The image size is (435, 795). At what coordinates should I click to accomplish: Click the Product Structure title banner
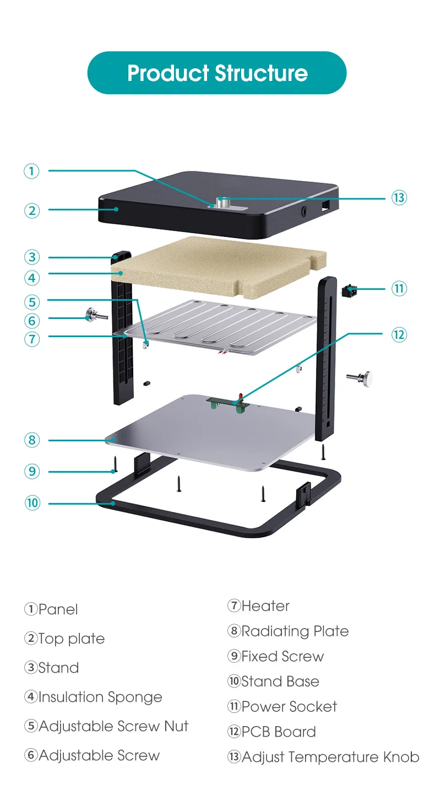click(x=217, y=73)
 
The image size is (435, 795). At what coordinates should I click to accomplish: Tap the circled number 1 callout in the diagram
click(x=32, y=171)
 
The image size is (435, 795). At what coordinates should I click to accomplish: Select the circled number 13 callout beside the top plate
click(x=399, y=198)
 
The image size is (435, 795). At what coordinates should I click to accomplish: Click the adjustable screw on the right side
click(x=361, y=377)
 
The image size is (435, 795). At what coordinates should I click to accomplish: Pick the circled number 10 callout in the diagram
click(x=32, y=503)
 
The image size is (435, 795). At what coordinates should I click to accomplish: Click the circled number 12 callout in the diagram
click(x=399, y=334)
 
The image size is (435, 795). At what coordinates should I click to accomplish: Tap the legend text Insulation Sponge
click(x=100, y=697)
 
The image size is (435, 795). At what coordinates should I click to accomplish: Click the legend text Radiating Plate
click(x=295, y=631)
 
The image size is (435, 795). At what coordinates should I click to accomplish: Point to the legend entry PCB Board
click(x=279, y=732)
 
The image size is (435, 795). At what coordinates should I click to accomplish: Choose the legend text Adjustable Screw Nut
click(x=113, y=726)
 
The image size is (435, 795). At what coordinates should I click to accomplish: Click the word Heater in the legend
click(x=265, y=606)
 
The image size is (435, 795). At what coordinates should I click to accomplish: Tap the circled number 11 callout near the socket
click(x=399, y=288)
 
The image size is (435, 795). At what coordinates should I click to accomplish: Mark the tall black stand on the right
click(x=327, y=358)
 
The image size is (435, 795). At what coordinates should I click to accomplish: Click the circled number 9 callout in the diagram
click(x=32, y=472)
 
